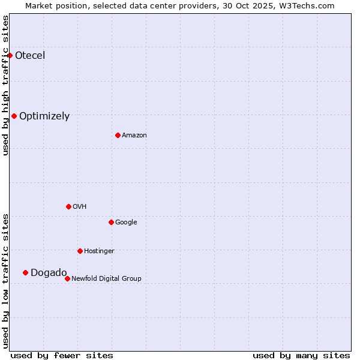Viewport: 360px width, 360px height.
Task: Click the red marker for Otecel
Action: [x=10, y=55]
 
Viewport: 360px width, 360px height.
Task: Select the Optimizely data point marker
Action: [x=14, y=116]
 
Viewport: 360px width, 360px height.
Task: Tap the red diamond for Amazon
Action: [x=118, y=135]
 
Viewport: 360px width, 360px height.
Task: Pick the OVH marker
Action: [x=68, y=206]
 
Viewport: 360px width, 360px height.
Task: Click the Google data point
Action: [x=111, y=222]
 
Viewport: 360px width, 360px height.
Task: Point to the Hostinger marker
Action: [x=80, y=251]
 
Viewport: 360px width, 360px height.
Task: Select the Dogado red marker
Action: [x=25, y=272]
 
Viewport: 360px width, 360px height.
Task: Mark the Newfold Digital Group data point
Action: [x=67, y=278]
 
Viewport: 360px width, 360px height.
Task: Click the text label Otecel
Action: [x=30, y=56]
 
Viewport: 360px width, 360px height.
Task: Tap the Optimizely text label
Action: [x=44, y=116]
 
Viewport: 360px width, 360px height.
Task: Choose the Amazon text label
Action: [x=134, y=136]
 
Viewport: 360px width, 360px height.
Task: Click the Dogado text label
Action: [x=49, y=273]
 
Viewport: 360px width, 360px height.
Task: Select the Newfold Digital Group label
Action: [x=106, y=278]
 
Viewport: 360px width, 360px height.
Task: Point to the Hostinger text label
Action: [x=99, y=251]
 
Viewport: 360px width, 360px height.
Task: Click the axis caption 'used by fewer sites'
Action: [x=62, y=355]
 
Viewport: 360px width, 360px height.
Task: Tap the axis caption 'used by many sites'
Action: [x=301, y=355]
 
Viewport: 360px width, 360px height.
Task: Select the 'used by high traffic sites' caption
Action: [x=5, y=85]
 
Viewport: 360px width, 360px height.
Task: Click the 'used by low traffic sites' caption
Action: [x=5, y=281]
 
